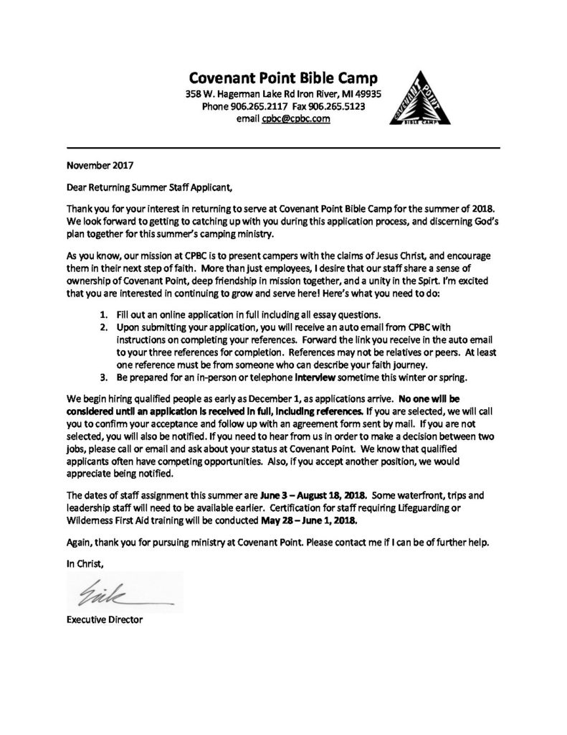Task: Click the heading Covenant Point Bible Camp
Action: coord(282,78)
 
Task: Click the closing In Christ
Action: coord(85,565)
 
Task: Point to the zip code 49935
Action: coord(367,94)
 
